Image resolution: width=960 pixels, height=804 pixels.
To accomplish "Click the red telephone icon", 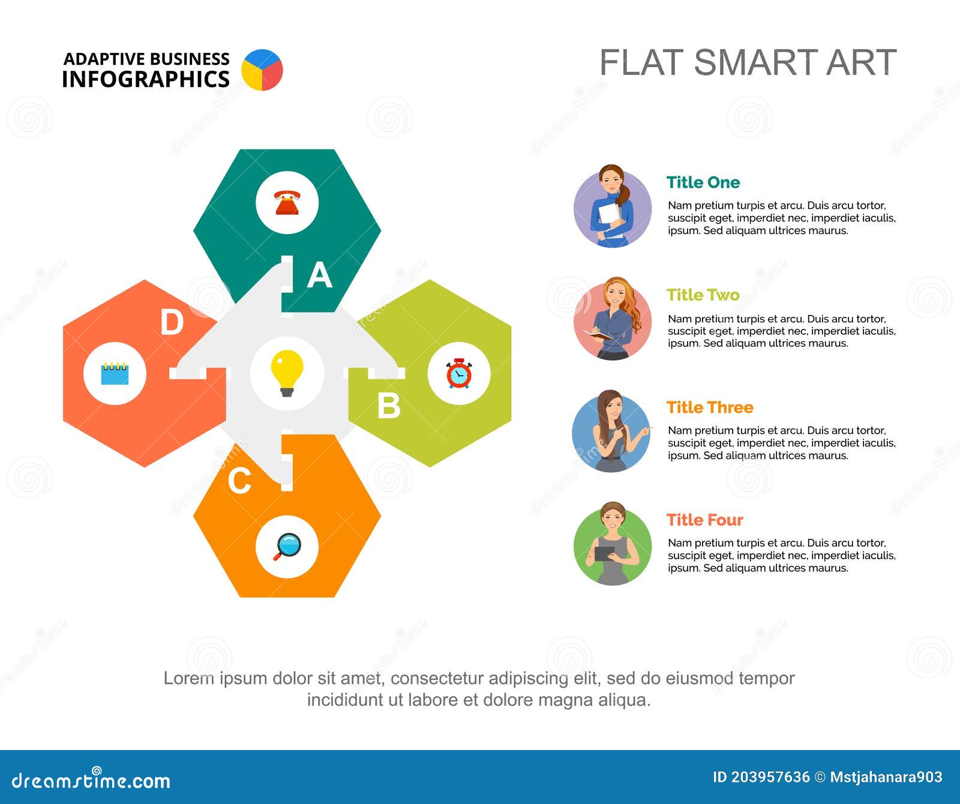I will point(287,203).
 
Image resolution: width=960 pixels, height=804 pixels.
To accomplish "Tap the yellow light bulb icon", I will point(287,373).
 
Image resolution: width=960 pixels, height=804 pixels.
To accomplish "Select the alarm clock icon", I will point(459,373).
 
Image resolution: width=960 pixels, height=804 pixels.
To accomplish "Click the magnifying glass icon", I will point(287,546).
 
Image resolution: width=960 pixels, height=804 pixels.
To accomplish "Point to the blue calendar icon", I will point(115,373).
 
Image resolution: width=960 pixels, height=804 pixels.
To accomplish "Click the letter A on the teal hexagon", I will point(320,275).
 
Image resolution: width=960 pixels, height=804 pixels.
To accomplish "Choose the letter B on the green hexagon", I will point(389,406).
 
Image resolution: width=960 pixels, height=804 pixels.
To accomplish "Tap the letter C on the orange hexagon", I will point(239,481).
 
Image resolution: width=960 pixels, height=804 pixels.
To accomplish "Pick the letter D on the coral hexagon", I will point(172,323).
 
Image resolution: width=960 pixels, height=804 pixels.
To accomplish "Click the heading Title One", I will point(703,182).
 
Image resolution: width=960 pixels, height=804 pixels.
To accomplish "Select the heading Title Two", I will point(703,295).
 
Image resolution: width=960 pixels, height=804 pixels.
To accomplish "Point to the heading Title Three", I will point(710,407).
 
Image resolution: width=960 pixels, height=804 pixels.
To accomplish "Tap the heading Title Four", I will point(704,520).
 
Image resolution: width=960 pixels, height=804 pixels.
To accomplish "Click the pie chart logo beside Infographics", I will point(262,70).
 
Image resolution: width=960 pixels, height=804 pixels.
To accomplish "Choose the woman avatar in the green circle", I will point(612,545).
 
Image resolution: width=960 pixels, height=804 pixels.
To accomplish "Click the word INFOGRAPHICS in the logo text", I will point(146,79).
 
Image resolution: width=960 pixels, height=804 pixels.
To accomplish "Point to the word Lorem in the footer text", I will point(188,678).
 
